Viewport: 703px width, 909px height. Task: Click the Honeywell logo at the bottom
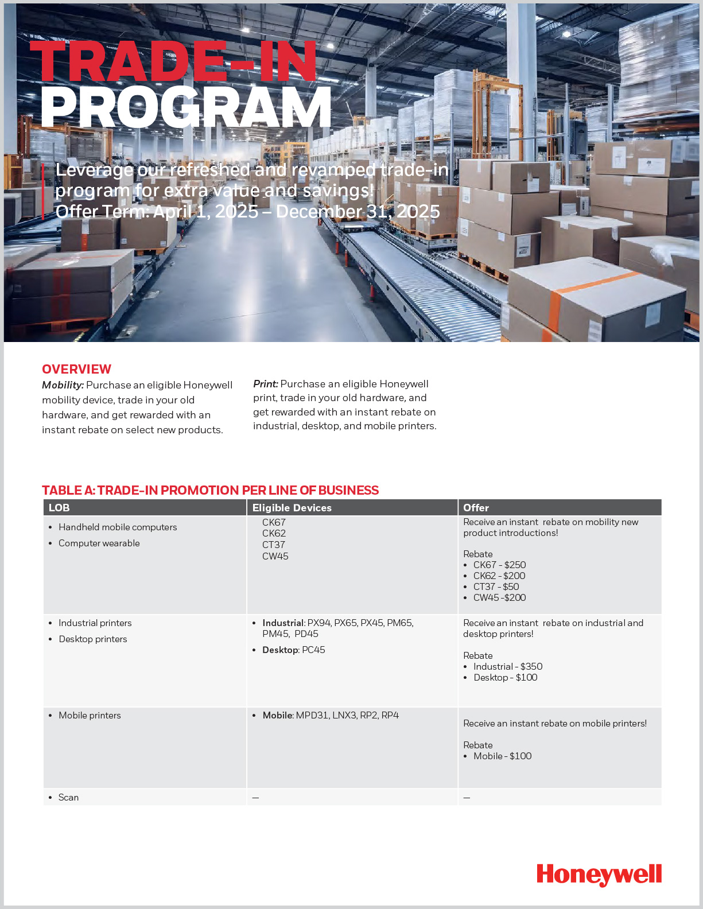click(x=599, y=875)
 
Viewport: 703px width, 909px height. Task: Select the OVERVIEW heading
click(x=76, y=369)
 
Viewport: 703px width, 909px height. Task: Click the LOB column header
click(x=59, y=508)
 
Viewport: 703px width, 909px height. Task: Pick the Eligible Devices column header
click(x=292, y=508)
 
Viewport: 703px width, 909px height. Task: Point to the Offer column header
click(x=476, y=508)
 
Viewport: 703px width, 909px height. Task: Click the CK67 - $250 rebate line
click(x=499, y=565)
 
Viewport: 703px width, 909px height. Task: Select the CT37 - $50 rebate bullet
click(x=496, y=586)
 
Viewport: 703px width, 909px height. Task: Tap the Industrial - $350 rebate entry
click(x=507, y=666)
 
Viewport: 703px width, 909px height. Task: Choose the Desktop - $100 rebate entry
click(x=505, y=677)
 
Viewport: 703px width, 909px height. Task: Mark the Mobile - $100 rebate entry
click(x=502, y=756)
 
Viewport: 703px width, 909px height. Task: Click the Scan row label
click(x=68, y=797)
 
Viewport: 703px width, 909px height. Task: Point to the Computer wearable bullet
click(x=99, y=543)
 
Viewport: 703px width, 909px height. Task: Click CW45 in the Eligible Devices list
click(x=275, y=556)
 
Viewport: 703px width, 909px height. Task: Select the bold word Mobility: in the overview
click(x=63, y=385)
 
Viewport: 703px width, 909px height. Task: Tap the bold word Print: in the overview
click(x=266, y=384)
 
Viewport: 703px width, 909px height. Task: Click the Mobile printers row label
click(x=90, y=715)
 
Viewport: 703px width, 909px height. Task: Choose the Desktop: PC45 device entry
click(x=293, y=650)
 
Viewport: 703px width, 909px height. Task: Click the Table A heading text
click(x=210, y=490)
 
